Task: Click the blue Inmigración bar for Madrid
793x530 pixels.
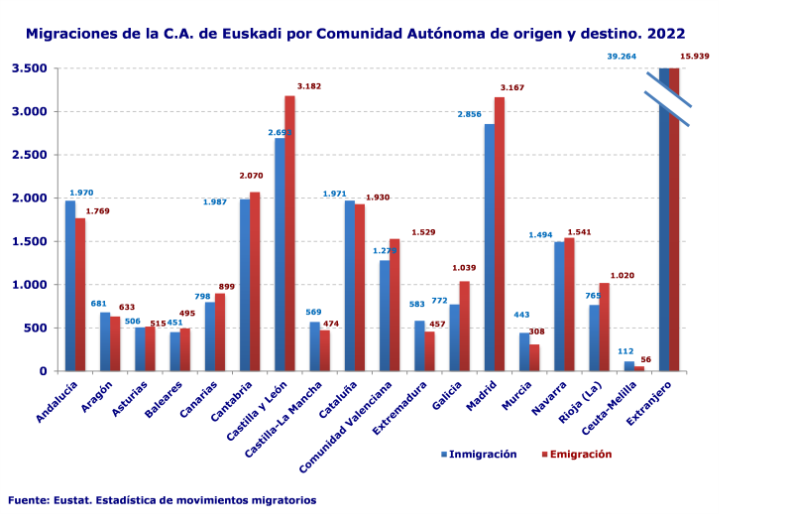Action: pos(490,248)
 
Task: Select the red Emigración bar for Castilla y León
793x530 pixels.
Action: pos(290,233)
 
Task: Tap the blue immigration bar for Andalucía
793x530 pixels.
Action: pos(70,286)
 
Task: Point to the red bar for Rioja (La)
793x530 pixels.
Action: pos(605,328)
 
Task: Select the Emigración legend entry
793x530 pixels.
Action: pos(580,455)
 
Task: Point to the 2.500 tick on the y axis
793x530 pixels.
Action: pos(30,155)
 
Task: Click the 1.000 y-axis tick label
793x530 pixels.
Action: pos(30,285)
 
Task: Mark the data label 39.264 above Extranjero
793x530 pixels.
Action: pos(622,57)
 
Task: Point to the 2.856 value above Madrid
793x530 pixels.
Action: pos(470,114)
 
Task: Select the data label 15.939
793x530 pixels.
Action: pos(695,57)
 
